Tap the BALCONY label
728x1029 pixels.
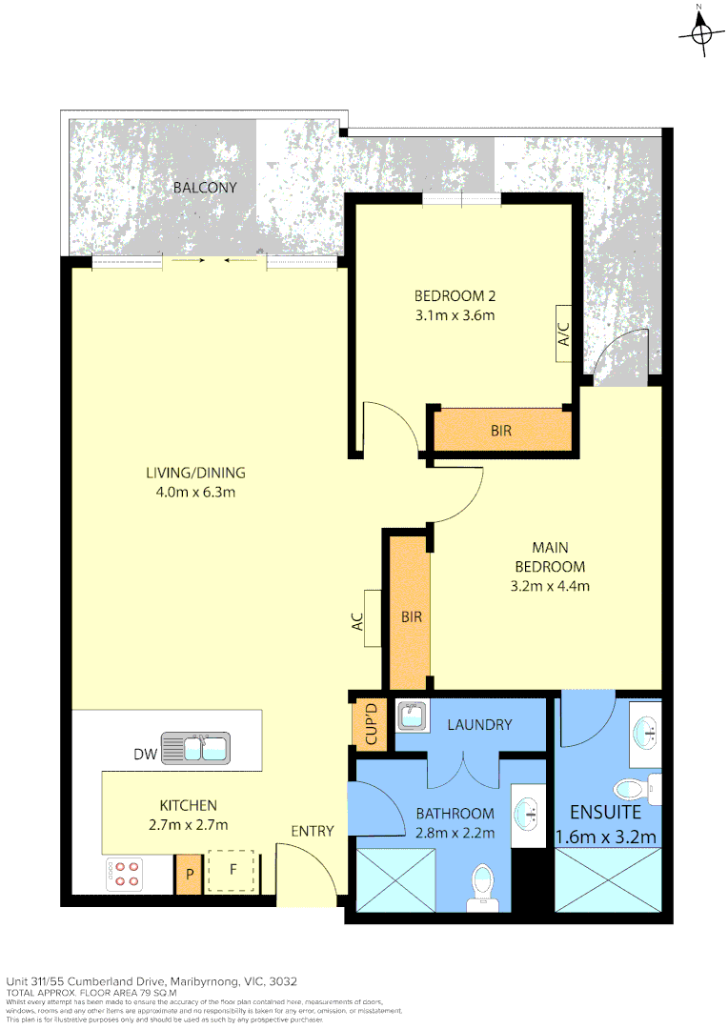[x=204, y=188]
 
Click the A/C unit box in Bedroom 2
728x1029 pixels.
[x=563, y=334]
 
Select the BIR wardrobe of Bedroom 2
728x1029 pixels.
[x=501, y=431]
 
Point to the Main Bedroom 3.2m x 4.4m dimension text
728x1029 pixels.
[x=550, y=586]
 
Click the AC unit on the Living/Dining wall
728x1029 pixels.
[x=371, y=619]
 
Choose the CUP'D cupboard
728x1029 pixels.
[x=366, y=725]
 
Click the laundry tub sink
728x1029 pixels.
[x=411, y=716]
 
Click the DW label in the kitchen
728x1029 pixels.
[x=144, y=755]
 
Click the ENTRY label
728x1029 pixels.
[x=313, y=831]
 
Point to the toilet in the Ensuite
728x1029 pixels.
[x=630, y=789]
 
